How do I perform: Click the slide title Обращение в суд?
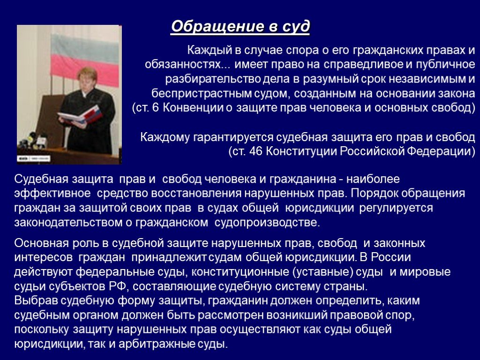point(240,27)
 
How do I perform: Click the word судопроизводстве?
point(267,223)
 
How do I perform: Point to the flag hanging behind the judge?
point(84,52)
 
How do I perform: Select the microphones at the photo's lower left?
point(33,141)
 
